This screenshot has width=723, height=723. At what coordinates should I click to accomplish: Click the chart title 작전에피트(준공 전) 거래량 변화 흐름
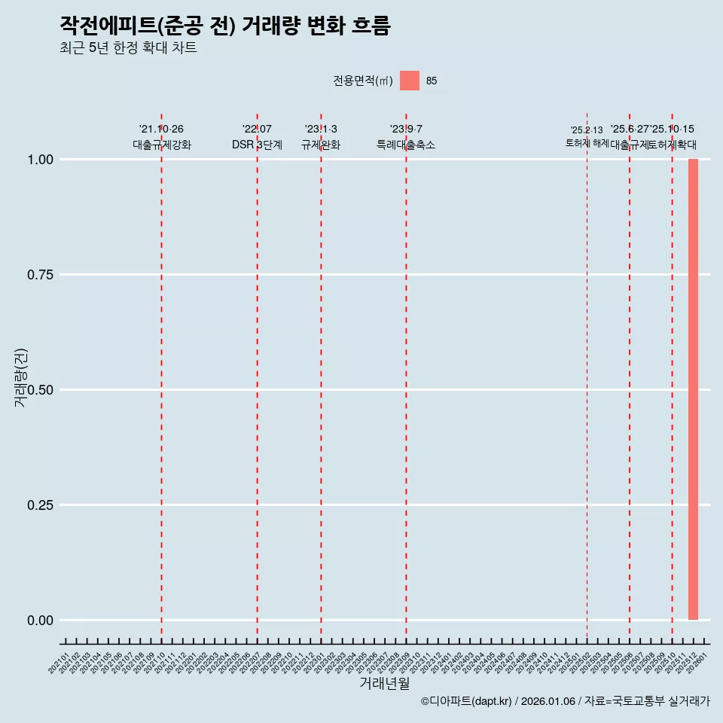coord(224,26)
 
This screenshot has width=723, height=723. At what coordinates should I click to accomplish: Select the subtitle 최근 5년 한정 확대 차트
coord(128,48)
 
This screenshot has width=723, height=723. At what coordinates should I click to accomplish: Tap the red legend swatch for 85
coord(409,81)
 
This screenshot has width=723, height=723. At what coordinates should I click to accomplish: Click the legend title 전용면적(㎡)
coord(362,81)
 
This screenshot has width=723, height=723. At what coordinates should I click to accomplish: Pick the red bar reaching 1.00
coord(693,389)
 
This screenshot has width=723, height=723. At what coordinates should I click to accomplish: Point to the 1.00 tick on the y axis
coord(39,160)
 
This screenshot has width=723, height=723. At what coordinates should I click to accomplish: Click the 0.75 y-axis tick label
coord(39,275)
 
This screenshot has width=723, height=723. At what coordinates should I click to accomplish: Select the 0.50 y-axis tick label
coord(39,390)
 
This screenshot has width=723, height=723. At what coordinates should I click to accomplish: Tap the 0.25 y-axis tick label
coord(39,505)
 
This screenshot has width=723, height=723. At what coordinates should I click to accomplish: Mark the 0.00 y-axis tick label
coord(39,621)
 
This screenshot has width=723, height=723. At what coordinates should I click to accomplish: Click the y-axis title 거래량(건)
coord(21,378)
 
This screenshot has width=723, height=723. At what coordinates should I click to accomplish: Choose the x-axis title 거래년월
coord(384,684)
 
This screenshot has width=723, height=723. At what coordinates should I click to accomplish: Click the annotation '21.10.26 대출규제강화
coord(161,137)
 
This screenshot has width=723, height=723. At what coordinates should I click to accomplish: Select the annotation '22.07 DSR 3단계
coord(257,137)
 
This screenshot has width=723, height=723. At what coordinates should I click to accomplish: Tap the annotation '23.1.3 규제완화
coord(321,137)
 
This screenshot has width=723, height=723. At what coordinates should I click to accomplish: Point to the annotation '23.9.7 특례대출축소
coord(406,137)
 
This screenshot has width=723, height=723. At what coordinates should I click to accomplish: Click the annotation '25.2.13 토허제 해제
coord(587,136)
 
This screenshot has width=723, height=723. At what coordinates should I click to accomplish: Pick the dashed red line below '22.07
coord(257,377)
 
